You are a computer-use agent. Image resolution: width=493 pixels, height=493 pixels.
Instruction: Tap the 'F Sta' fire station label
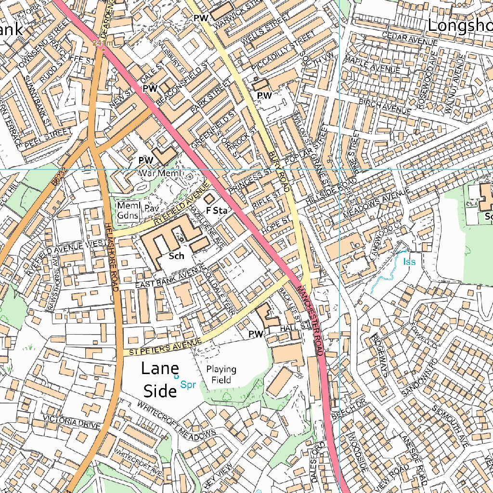pyautogui.click(x=216, y=210)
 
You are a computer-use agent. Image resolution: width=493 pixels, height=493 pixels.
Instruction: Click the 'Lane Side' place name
pyautogui.click(x=159, y=380)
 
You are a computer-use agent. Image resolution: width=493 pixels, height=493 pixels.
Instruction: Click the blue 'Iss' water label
pyautogui.click(x=409, y=262)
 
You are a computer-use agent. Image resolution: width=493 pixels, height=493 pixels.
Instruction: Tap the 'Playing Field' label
pyautogui.click(x=221, y=375)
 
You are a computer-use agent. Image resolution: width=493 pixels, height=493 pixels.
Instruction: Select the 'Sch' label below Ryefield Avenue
pyautogui.click(x=177, y=256)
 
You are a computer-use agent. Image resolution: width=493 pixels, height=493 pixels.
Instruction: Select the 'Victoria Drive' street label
pyautogui.click(x=72, y=422)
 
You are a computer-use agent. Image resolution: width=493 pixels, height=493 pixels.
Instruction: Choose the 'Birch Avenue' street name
pyautogui.click(x=386, y=106)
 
